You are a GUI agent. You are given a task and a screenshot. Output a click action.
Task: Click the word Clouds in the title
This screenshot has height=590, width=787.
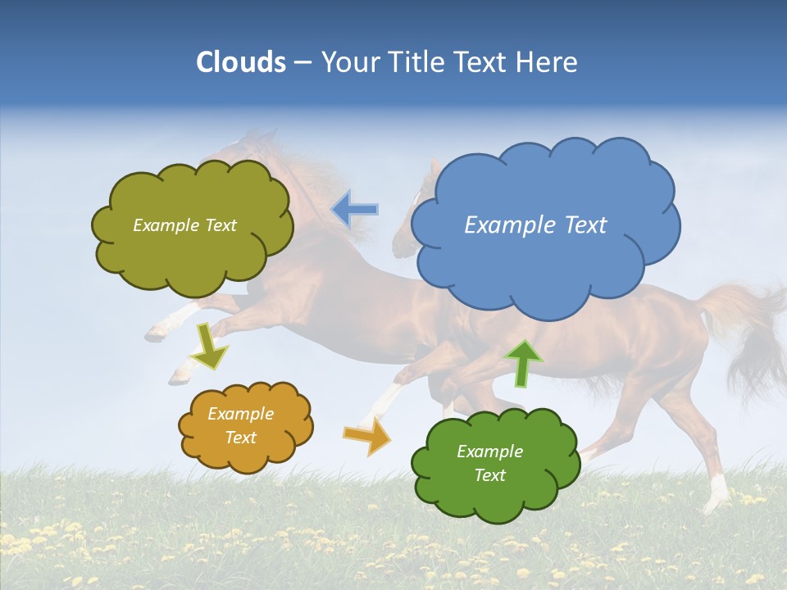coord(241,62)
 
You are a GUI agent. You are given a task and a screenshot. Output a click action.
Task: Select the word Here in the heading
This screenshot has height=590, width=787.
coord(548,62)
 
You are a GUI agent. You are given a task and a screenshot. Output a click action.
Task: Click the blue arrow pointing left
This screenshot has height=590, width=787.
coord(355,210)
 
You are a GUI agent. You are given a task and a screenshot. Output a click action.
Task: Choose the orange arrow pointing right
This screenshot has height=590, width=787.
coord(367,436)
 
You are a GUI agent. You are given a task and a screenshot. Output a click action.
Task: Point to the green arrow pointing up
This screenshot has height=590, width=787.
coord(524,362)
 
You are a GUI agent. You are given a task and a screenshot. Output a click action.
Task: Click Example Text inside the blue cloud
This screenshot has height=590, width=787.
coord(535,225)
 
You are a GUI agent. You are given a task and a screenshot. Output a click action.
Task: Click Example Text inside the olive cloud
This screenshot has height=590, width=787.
coord(184,225)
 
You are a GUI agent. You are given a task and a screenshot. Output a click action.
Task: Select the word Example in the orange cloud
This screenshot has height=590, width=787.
coord(240,414)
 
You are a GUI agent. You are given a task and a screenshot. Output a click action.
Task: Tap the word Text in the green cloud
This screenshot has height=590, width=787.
coord(489,475)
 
